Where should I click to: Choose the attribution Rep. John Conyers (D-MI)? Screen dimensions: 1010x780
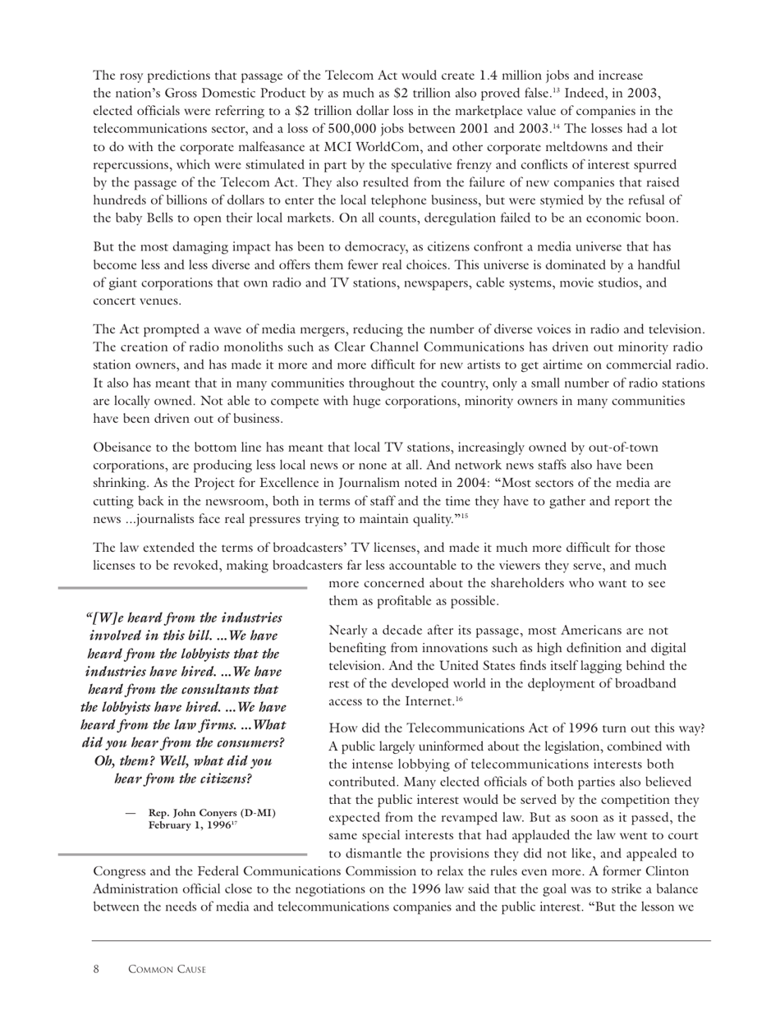click(212, 813)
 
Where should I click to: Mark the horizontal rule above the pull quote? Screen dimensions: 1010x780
click(181, 588)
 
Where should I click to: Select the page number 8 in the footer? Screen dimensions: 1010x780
click(96, 970)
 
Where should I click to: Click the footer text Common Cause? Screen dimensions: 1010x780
click(167, 970)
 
